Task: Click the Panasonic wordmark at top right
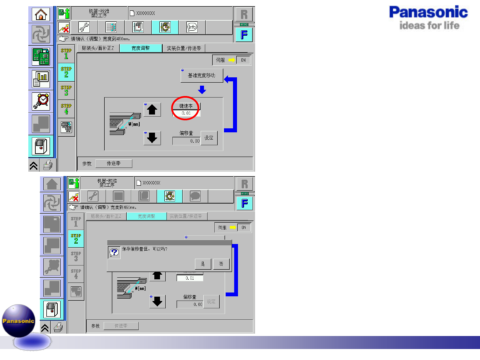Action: pyautogui.click(x=428, y=12)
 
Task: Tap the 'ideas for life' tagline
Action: pyautogui.click(x=429, y=26)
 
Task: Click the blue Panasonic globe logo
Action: pyautogui.click(x=19, y=321)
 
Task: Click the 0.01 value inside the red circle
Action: pyautogui.click(x=186, y=113)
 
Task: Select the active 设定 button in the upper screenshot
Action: pyautogui.click(x=209, y=138)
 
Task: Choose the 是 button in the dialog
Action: pyautogui.click(x=203, y=264)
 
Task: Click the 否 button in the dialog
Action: pyautogui.click(x=221, y=264)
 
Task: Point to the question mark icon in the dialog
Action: pyautogui.click(x=114, y=252)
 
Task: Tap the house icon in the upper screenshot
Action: pyautogui.click(x=41, y=14)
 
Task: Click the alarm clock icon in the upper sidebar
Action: pyautogui.click(x=41, y=101)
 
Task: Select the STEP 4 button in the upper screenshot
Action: pyautogui.click(x=66, y=109)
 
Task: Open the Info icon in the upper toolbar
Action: pyautogui.click(x=192, y=27)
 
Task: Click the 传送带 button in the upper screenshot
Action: pyautogui.click(x=114, y=164)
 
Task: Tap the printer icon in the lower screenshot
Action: pyautogui.click(x=58, y=328)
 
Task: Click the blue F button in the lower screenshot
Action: pyautogui.click(x=245, y=203)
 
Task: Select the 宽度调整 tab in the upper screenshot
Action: pyautogui.click(x=141, y=48)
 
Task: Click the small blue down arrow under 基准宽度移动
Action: pyautogui.click(x=202, y=90)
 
